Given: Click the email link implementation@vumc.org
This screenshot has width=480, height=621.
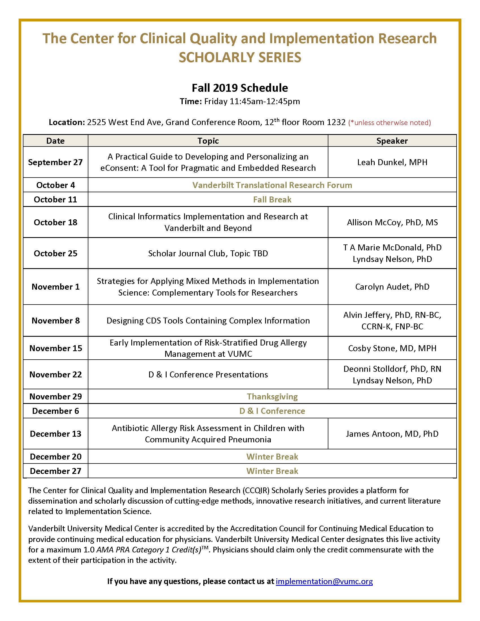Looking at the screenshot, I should (x=324, y=581).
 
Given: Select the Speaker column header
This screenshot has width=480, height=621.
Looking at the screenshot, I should (x=392, y=141).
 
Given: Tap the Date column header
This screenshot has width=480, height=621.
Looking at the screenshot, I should (x=55, y=141).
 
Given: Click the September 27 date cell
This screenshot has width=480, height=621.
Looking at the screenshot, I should (x=55, y=162).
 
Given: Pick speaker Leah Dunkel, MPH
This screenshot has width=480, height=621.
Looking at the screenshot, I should (x=392, y=162).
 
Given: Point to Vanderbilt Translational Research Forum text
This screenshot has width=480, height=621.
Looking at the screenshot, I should (x=272, y=185).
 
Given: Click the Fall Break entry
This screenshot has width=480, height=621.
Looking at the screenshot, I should (x=272, y=199).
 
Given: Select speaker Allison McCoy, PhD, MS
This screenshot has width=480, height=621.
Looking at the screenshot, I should (x=392, y=222).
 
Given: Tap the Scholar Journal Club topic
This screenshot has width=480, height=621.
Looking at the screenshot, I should (x=208, y=253).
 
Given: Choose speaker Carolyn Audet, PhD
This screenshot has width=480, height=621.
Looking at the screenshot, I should (x=392, y=287).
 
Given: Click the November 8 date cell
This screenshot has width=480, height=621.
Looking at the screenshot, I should (x=55, y=320).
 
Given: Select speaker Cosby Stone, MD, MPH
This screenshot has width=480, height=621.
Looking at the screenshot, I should (x=392, y=348).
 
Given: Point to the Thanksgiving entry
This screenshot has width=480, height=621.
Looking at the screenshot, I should (x=272, y=396).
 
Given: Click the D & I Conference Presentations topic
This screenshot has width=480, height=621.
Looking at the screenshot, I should (x=208, y=375).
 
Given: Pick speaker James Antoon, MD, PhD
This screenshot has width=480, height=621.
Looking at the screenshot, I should (x=392, y=434).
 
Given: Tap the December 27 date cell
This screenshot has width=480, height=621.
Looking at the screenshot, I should (x=55, y=471).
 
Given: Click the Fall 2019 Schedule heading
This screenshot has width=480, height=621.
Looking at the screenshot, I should (x=240, y=88).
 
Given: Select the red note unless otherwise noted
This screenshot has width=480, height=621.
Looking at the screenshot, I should (x=389, y=123).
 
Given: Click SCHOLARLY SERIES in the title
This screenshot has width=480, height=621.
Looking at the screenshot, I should (x=240, y=57).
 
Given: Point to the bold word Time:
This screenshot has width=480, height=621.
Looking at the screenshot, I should (x=191, y=102).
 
